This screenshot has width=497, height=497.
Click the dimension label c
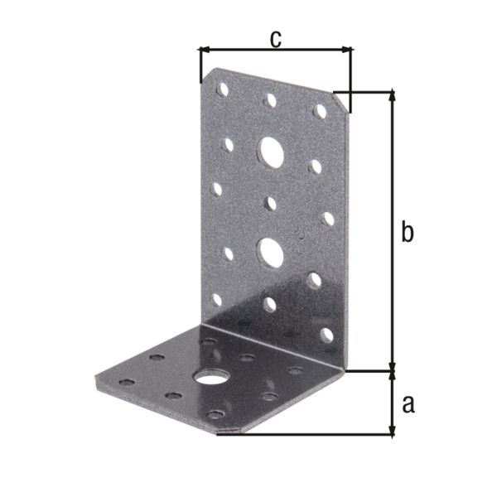point(277,37)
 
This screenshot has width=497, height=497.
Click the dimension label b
point(407,233)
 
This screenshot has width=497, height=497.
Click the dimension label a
point(408,404)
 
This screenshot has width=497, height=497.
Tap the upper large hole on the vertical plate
point(270,151)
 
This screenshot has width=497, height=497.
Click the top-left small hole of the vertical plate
point(222,88)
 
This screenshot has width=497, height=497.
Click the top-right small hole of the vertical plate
point(318,109)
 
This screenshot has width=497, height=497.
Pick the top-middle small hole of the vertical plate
point(269,100)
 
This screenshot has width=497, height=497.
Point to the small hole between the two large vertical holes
point(271,201)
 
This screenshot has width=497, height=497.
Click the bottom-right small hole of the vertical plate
point(326,335)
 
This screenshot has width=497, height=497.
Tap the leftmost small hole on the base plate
point(127,382)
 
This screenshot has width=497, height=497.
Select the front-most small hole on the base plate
point(215,414)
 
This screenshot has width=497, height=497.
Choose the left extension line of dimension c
point(200,66)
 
